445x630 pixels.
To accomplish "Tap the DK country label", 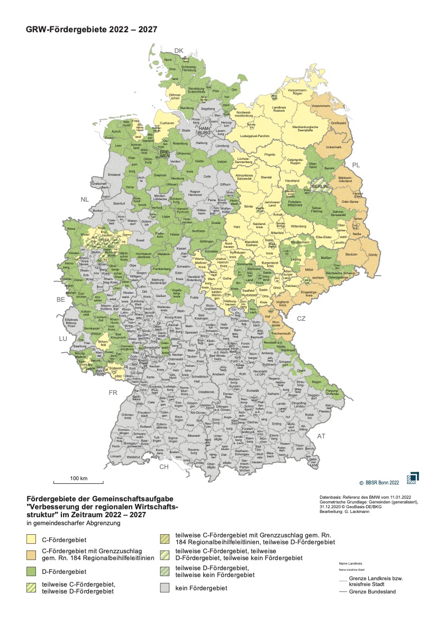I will point(179,51).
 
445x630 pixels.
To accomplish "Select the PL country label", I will point(356,166).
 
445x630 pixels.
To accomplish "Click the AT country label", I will point(321,436).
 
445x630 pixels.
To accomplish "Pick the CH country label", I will point(165,467).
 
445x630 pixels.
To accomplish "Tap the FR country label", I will point(113,393).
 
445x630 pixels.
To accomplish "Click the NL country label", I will point(85,200).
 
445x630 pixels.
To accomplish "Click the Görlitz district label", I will point(358,255).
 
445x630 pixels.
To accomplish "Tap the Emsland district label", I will point(114,175).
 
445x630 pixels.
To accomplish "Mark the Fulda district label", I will point(194,298).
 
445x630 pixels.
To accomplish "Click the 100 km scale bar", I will point(78,482).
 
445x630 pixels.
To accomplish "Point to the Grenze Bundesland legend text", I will point(372,591).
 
